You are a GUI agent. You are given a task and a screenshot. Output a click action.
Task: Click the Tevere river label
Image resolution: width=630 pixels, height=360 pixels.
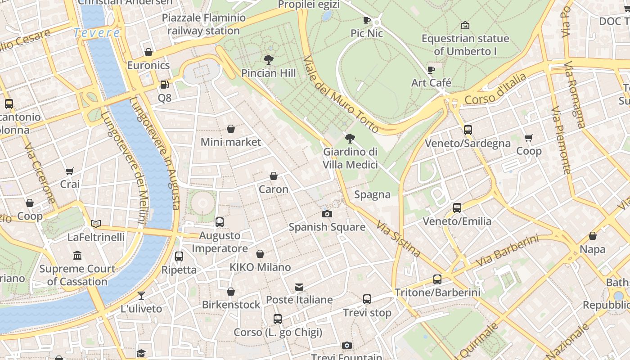97,33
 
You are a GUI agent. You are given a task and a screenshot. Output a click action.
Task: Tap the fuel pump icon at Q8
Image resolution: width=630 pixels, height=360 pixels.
164,84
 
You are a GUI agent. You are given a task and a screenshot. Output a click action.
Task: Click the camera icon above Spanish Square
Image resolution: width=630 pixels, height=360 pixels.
327,214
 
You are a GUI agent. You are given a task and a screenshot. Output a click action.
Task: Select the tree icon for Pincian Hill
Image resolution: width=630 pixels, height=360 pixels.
269,59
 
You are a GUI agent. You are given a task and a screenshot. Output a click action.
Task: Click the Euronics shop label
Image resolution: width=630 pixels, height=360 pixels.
148,65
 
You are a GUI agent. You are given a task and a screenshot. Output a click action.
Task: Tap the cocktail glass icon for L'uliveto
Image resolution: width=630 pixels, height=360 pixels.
141,296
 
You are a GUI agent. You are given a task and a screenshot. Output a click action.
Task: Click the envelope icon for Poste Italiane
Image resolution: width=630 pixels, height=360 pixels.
299,287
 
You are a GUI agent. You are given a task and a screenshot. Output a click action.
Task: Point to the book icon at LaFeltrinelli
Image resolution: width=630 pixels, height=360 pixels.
96,224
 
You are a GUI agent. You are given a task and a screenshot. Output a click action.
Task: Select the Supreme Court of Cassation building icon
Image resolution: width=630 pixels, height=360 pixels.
77,256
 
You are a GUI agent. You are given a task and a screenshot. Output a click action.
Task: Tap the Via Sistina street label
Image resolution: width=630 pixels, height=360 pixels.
398,238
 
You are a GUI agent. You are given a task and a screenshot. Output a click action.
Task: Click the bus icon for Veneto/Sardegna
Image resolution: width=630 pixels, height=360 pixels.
468,130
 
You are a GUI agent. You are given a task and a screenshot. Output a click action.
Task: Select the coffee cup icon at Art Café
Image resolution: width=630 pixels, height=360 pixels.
431,70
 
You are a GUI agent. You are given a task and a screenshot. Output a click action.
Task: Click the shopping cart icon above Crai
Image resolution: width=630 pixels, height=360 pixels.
70,171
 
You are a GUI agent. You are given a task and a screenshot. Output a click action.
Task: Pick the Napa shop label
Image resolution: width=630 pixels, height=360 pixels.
592,249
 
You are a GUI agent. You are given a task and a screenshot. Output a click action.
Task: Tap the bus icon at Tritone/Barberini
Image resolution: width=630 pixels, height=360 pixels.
437,279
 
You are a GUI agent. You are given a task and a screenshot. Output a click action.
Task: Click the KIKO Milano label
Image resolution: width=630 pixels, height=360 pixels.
260,267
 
